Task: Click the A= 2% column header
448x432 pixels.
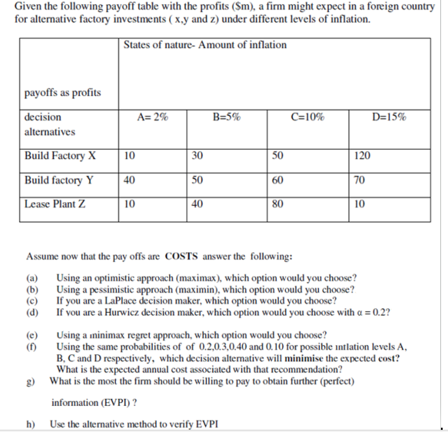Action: (x=152, y=117)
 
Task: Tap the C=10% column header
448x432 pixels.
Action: (x=307, y=117)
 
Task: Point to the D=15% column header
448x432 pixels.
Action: (x=389, y=117)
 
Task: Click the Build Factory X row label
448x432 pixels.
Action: (x=60, y=156)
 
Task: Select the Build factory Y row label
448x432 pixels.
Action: (x=59, y=180)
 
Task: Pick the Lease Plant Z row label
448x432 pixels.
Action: (x=54, y=204)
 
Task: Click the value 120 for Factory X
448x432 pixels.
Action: (x=362, y=156)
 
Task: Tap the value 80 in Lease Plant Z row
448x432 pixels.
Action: (x=278, y=204)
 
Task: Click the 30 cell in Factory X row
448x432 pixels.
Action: (x=197, y=156)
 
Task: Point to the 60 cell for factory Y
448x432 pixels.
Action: (x=278, y=180)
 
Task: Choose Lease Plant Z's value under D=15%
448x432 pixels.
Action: (x=359, y=204)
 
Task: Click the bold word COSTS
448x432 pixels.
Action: (x=183, y=256)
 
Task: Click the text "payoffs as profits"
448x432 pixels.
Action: (x=62, y=93)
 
